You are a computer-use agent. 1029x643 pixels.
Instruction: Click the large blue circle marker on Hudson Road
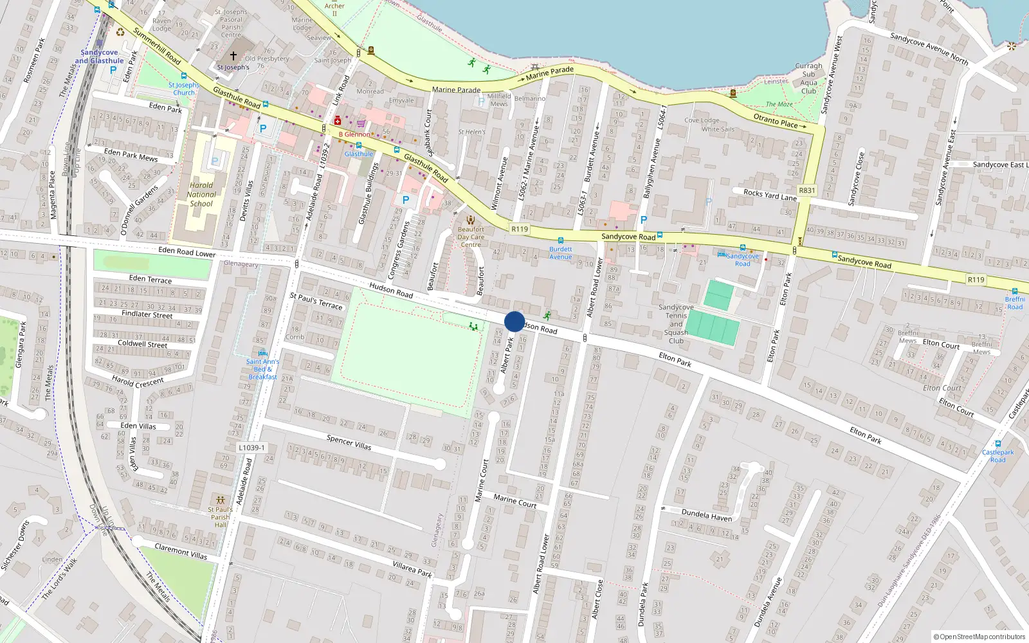click(514, 321)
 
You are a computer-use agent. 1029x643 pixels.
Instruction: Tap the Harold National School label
click(201, 194)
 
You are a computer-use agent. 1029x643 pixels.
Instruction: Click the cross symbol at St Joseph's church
click(233, 57)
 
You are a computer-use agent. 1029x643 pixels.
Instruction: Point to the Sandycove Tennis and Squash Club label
click(676, 324)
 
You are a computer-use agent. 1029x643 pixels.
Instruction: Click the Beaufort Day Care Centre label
click(471, 237)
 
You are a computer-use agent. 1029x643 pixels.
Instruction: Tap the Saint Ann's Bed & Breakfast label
click(262, 369)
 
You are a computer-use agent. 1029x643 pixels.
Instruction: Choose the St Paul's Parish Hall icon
click(221, 500)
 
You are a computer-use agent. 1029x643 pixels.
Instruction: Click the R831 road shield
click(806, 190)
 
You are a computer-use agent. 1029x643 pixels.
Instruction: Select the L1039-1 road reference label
click(251, 448)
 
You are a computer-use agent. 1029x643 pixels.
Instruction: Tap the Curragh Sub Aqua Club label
click(808, 78)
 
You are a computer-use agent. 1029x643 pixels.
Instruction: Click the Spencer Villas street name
click(349, 442)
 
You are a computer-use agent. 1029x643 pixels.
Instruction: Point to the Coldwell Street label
click(142, 344)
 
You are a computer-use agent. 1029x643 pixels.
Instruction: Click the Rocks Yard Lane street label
click(770, 195)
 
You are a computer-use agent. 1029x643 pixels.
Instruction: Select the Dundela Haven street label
click(706, 515)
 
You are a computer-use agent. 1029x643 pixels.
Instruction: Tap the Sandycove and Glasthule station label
click(99, 57)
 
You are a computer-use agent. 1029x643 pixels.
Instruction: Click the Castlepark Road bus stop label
click(997, 456)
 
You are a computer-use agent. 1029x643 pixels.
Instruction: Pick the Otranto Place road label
click(776, 120)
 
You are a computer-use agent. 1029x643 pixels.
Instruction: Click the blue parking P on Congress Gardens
click(406, 200)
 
